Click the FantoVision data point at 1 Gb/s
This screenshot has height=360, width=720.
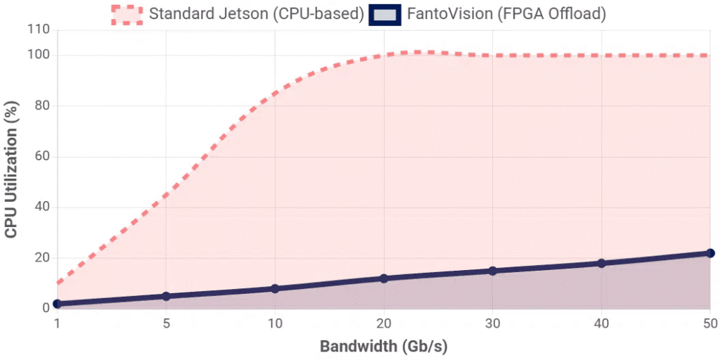58,304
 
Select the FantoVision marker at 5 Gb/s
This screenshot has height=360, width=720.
166,296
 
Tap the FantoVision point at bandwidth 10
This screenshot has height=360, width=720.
275,288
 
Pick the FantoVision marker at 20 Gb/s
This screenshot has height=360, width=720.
384,278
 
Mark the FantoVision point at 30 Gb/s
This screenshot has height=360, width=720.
492,271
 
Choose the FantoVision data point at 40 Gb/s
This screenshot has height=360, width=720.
601,263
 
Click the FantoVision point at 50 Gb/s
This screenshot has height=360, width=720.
710,253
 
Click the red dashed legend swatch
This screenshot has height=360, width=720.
127,14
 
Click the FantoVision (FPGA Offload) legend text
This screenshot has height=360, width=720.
506,14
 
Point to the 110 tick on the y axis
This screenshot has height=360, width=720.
39,30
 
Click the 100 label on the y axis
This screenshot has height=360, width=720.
39,55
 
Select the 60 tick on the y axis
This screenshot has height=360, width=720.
42,157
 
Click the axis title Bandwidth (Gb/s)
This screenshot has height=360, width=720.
384,346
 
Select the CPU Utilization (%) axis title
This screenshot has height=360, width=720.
12,169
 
